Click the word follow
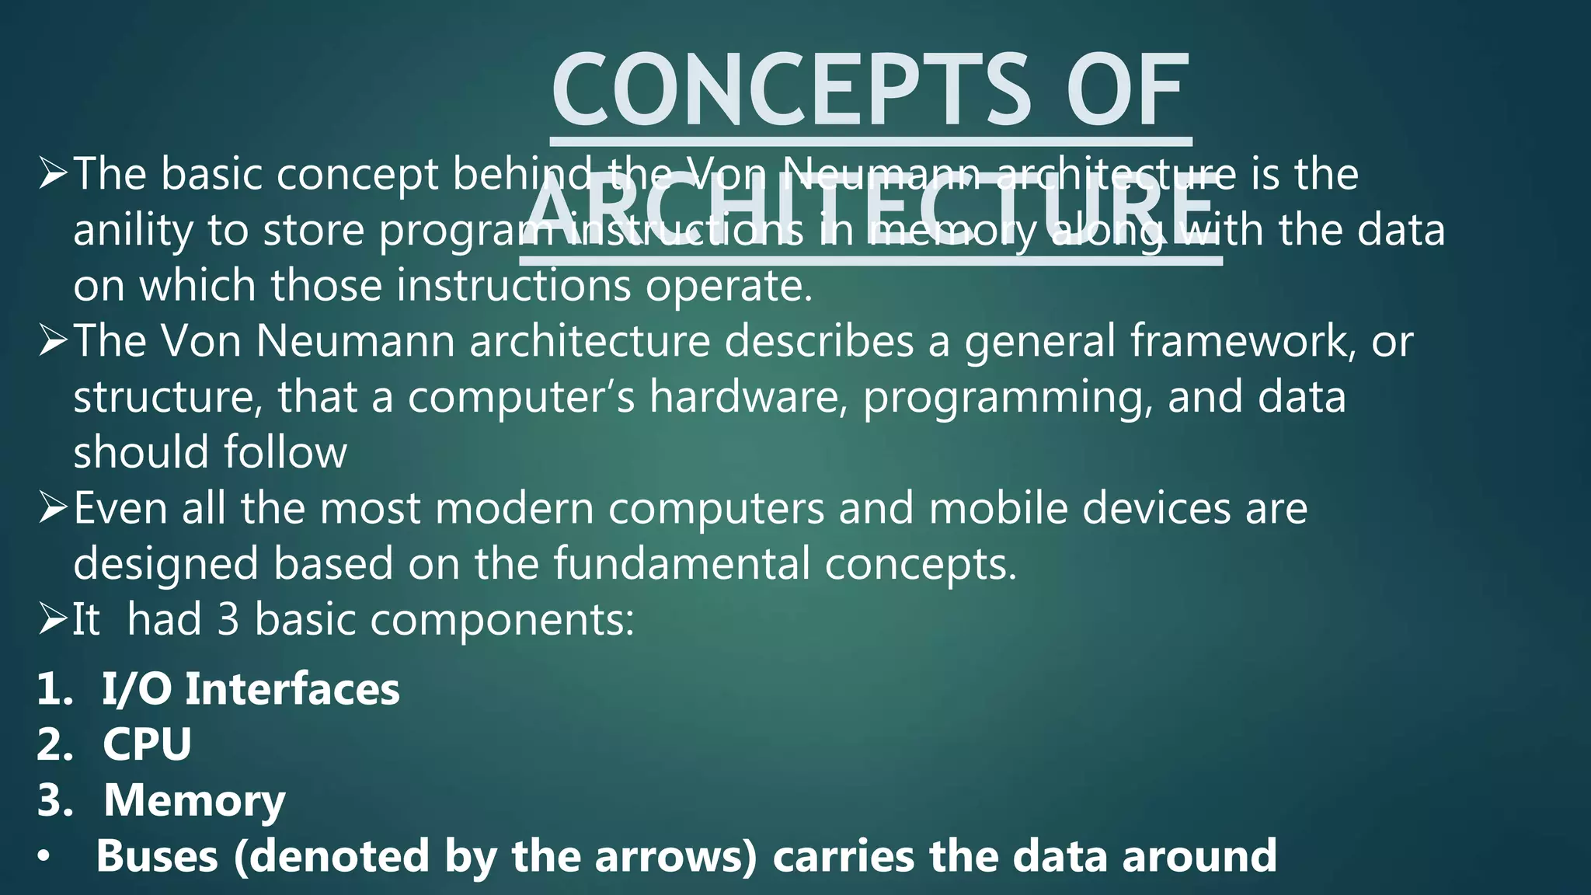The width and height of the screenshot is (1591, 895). tap(285, 453)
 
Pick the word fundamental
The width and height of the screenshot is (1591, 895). tap(681, 564)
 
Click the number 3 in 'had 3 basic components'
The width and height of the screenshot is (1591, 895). tap(228, 620)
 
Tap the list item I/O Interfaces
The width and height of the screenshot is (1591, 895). tap(251, 689)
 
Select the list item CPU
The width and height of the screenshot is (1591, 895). tap(147, 744)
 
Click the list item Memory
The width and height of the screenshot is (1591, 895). tap(194, 800)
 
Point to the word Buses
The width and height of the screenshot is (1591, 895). tap(157, 856)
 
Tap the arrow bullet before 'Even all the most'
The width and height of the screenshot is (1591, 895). tap(53, 509)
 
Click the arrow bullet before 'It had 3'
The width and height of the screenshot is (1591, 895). tap(53, 620)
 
